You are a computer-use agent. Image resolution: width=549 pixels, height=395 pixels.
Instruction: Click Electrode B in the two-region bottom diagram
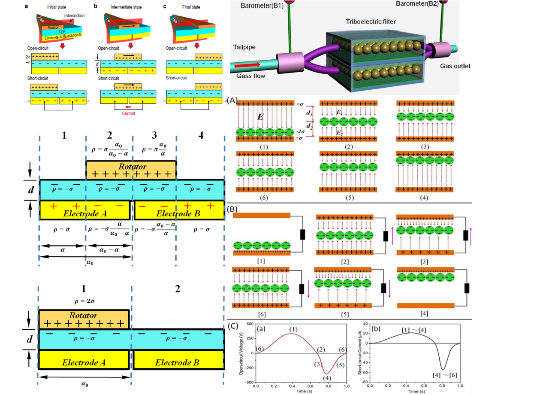pos(177,363)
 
